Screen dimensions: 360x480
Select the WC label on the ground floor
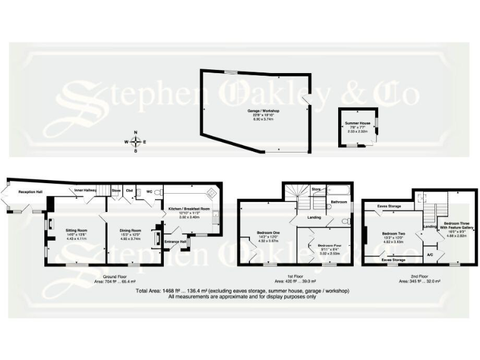149,191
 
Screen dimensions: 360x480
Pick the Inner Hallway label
87,190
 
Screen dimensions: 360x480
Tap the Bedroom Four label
329,246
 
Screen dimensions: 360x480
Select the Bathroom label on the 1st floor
339,202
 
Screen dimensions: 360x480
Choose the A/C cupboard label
430,254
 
